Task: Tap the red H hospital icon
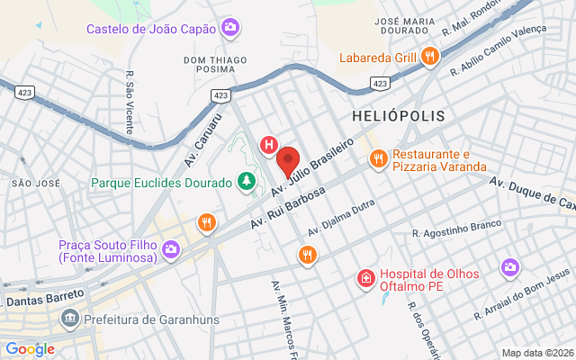[x=268, y=144]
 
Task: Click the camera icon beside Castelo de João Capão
[x=230, y=29]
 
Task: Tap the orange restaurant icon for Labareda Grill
[x=430, y=58]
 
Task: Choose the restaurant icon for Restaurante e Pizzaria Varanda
[x=378, y=160]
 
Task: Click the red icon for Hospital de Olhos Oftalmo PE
[x=365, y=279]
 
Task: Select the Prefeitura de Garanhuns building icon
[x=68, y=319]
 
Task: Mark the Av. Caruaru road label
[x=203, y=132]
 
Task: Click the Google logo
[x=30, y=349]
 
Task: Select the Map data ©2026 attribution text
[x=536, y=353]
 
